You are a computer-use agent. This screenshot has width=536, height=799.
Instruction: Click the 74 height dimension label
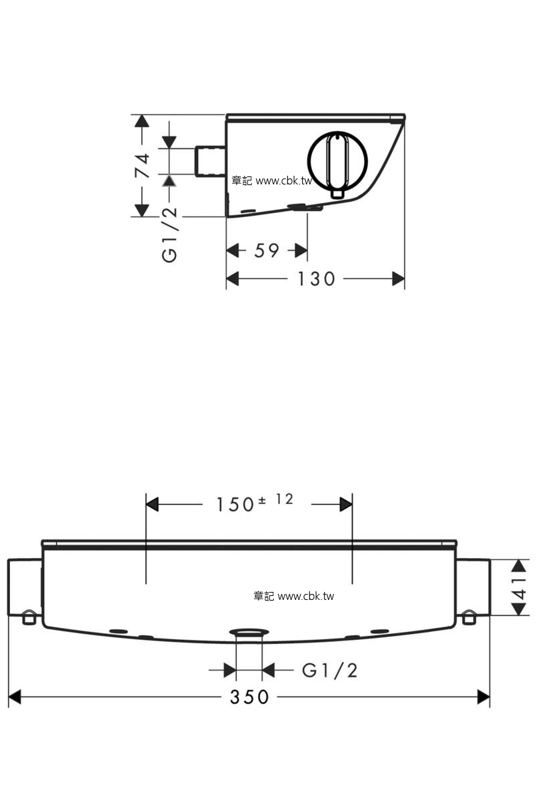tap(143, 166)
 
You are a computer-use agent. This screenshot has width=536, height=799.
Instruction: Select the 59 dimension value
tap(267, 250)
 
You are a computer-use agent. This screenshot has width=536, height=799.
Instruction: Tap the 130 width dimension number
tap(317, 278)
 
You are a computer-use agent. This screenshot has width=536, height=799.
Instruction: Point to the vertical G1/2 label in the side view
tap(169, 234)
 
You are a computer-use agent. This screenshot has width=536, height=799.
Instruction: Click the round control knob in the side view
tap(337, 160)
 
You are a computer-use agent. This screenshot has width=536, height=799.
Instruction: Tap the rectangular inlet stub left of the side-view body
tap(210, 161)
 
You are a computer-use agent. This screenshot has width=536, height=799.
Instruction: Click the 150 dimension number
tap(235, 505)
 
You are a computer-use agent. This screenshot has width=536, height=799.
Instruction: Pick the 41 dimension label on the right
tap(519, 589)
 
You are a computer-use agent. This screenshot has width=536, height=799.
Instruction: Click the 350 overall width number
tap(249, 696)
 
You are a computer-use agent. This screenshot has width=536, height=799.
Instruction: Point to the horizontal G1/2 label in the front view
tap(329, 670)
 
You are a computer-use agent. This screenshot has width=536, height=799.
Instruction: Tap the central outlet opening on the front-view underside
tap(249, 632)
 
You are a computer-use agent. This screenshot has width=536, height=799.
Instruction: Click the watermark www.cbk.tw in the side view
tap(284, 181)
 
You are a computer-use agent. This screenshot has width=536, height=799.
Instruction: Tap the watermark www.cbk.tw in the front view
tap(306, 596)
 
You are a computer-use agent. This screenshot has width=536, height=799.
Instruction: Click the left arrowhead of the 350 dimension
tap(14, 696)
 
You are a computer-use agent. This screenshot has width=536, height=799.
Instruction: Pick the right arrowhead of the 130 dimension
tap(399, 278)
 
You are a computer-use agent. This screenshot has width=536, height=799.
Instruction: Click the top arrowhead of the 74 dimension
tap(142, 121)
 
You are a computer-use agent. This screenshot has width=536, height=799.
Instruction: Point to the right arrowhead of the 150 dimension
tap(346, 505)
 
